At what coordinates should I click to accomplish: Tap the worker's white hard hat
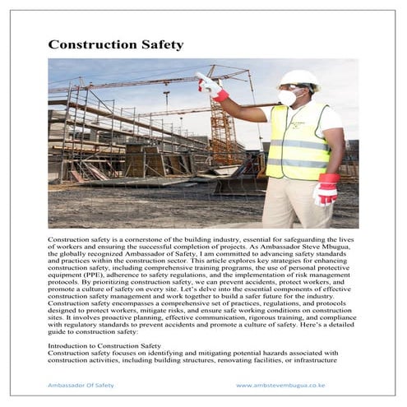point(297,79)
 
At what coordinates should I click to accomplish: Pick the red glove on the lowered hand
point(326,189)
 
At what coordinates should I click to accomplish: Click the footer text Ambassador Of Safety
point(81,385)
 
